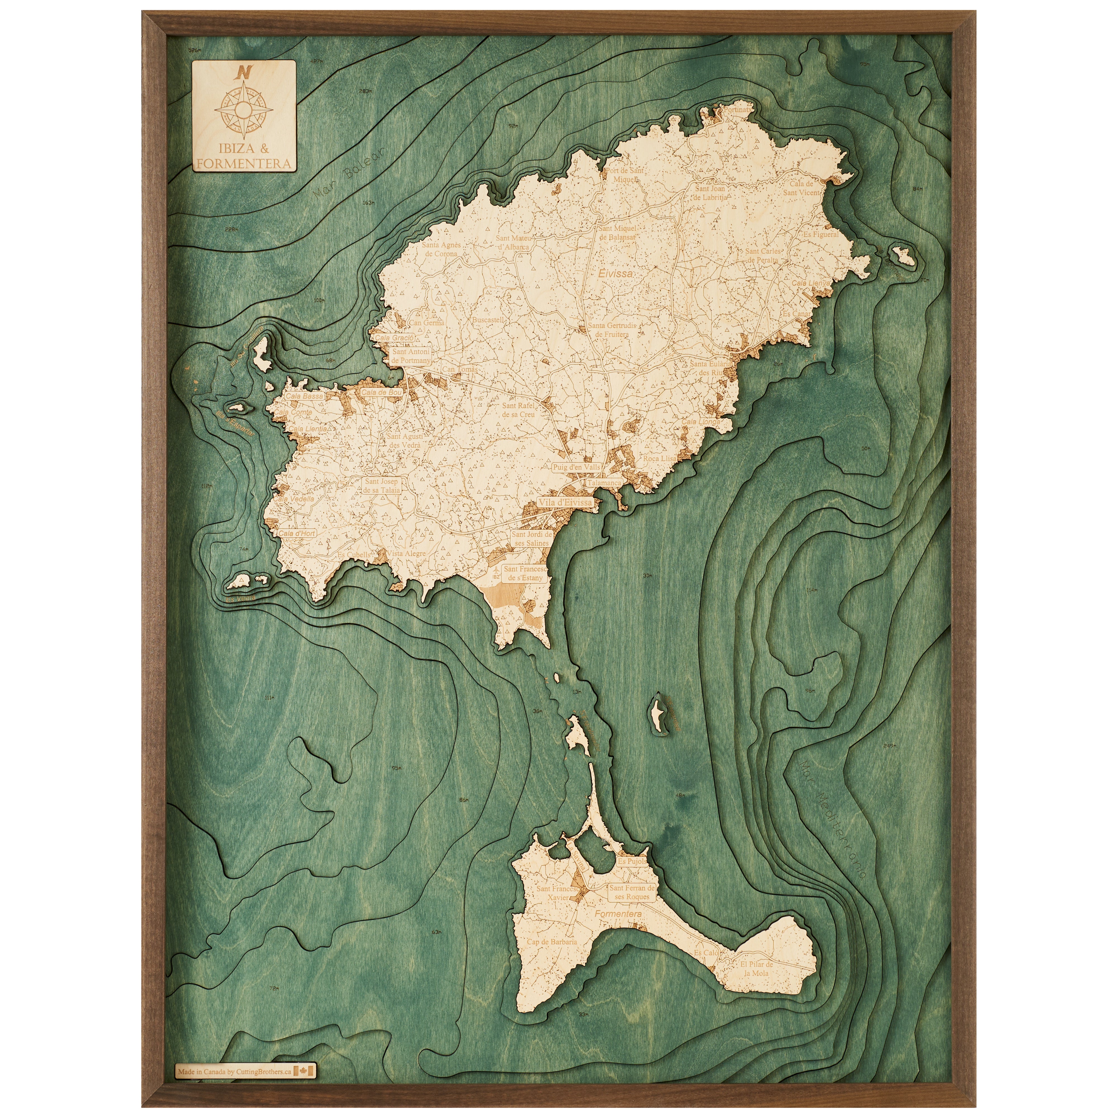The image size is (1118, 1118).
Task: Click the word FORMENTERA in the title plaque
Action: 244,164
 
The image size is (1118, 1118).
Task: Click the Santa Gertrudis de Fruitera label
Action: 612,330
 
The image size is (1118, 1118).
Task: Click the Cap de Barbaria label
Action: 551,942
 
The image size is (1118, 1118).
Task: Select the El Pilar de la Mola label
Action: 756,969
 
